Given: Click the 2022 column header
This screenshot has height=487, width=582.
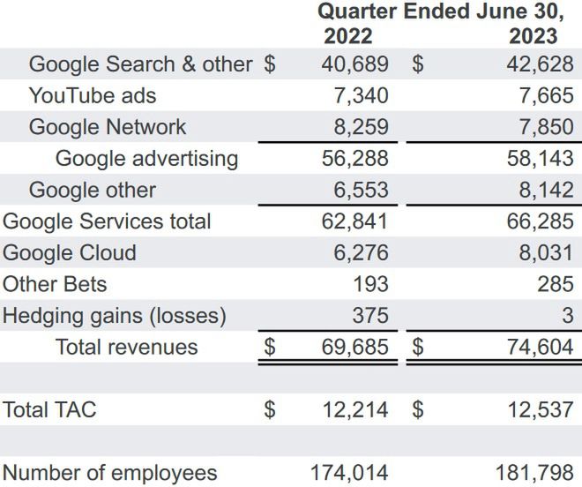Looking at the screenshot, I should pyautogui.click(x=348, y=36).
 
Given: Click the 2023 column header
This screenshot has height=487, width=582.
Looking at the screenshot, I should pyautogui.click(x=533, y=36).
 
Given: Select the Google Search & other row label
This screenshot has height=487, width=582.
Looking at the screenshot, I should pyautogui.click(x=140, y=64).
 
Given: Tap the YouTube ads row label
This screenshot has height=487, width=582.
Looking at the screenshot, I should pyautogui.click(x=93, y=95).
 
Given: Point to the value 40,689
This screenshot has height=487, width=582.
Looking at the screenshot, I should pyautogui.click(x=354, y=64).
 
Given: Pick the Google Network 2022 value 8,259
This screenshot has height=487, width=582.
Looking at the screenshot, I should pyautogui.click(x=361, y=127).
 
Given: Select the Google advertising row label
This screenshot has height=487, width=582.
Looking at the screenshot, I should pyautogui.click(x=146, y=159).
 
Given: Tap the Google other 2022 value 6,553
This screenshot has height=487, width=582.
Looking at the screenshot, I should pyautogui.click(x=361, y=190).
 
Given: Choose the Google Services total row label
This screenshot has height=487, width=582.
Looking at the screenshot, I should pyautogui.click(x=107, y=221).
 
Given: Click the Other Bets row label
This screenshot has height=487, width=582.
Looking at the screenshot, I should pyautogui.click(x=55, y=284).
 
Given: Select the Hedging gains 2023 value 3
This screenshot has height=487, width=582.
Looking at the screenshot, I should pyautogui.click(x=567, y=315).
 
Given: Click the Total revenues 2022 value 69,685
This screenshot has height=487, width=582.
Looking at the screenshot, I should pyautogui.click(x=354, y=347).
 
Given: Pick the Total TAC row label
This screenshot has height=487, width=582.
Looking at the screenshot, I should pyautogui.click(x=49, y=409).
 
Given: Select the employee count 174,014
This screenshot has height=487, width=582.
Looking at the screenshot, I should pyautogui.click(x=348, y=472).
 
